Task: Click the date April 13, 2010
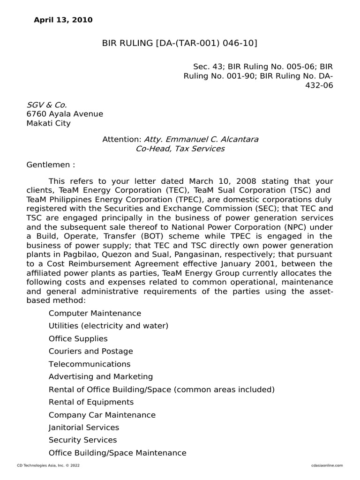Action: click(x=63, y=20)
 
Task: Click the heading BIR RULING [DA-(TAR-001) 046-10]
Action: click(x=180, y=44)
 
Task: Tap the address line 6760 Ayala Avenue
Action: click(x=65, y=114)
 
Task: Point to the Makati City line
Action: click(x=49, y=123)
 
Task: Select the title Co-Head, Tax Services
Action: click(x=180, y=149)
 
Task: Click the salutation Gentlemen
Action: click(x=50, y=165)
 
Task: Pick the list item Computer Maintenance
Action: click(x=95, y=313)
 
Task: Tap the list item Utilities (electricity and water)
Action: click(x=108, y=326)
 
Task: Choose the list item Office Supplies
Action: click(x=78, y=338)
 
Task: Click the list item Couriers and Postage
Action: click(x=91, y=351)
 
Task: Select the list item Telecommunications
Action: click(x=90, y=364)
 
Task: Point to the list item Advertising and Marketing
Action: click(x=101, y=376)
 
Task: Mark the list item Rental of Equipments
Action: click(x=91, y=402)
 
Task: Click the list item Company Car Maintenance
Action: click(x=102, y=415)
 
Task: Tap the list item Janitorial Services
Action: click(x=84, y=427)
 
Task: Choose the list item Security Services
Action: click(x=83, y=440)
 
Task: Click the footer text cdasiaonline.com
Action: click(x=327, y=465)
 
